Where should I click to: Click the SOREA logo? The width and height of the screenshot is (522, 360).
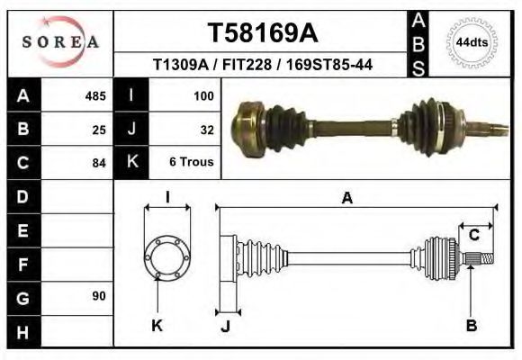tap(60, 41)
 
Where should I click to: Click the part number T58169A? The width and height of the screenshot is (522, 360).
tap(262, 32)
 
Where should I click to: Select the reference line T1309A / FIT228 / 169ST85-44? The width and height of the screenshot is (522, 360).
tap(262, 65)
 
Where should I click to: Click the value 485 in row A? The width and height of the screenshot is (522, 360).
tap(95, 95)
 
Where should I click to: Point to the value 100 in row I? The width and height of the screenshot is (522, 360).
tap(202, 95)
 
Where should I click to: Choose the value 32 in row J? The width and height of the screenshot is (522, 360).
tap(206, 129)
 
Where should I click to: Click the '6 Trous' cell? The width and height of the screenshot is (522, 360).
tap(192, 163)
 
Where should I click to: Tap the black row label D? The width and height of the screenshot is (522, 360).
tap(22, 196)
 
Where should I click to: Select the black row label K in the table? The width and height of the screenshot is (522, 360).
tap(131, 163)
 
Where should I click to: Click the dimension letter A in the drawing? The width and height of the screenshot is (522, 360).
tap(346, 199)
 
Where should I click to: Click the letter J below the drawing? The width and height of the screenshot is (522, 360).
tap(225, 327)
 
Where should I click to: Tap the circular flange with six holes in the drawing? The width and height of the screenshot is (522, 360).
tap(167, 257)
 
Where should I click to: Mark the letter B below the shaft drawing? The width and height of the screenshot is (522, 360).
tap(471, 326)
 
